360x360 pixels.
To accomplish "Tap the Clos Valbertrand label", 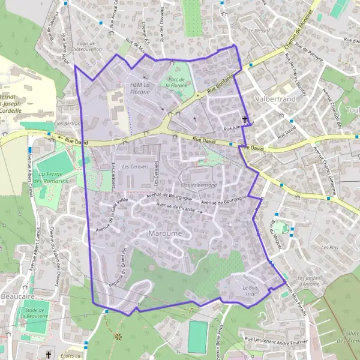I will (x=198, y=185).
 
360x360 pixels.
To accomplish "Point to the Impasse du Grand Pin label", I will (x=116, y=267).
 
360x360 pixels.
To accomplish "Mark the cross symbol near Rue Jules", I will (x=244, y=119).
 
